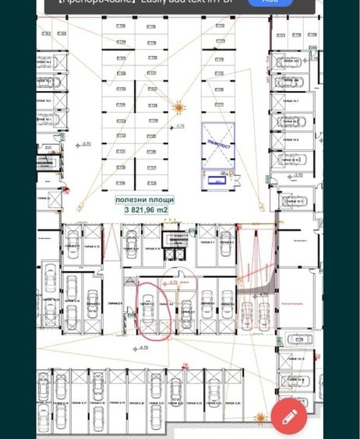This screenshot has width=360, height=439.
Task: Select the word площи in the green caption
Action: [x=162, y=200]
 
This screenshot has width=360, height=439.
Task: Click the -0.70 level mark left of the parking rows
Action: [x=86, y=144]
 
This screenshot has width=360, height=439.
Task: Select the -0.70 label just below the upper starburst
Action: [x=179, y=125]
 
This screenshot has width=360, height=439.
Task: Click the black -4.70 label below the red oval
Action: [x=143, y=347]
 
